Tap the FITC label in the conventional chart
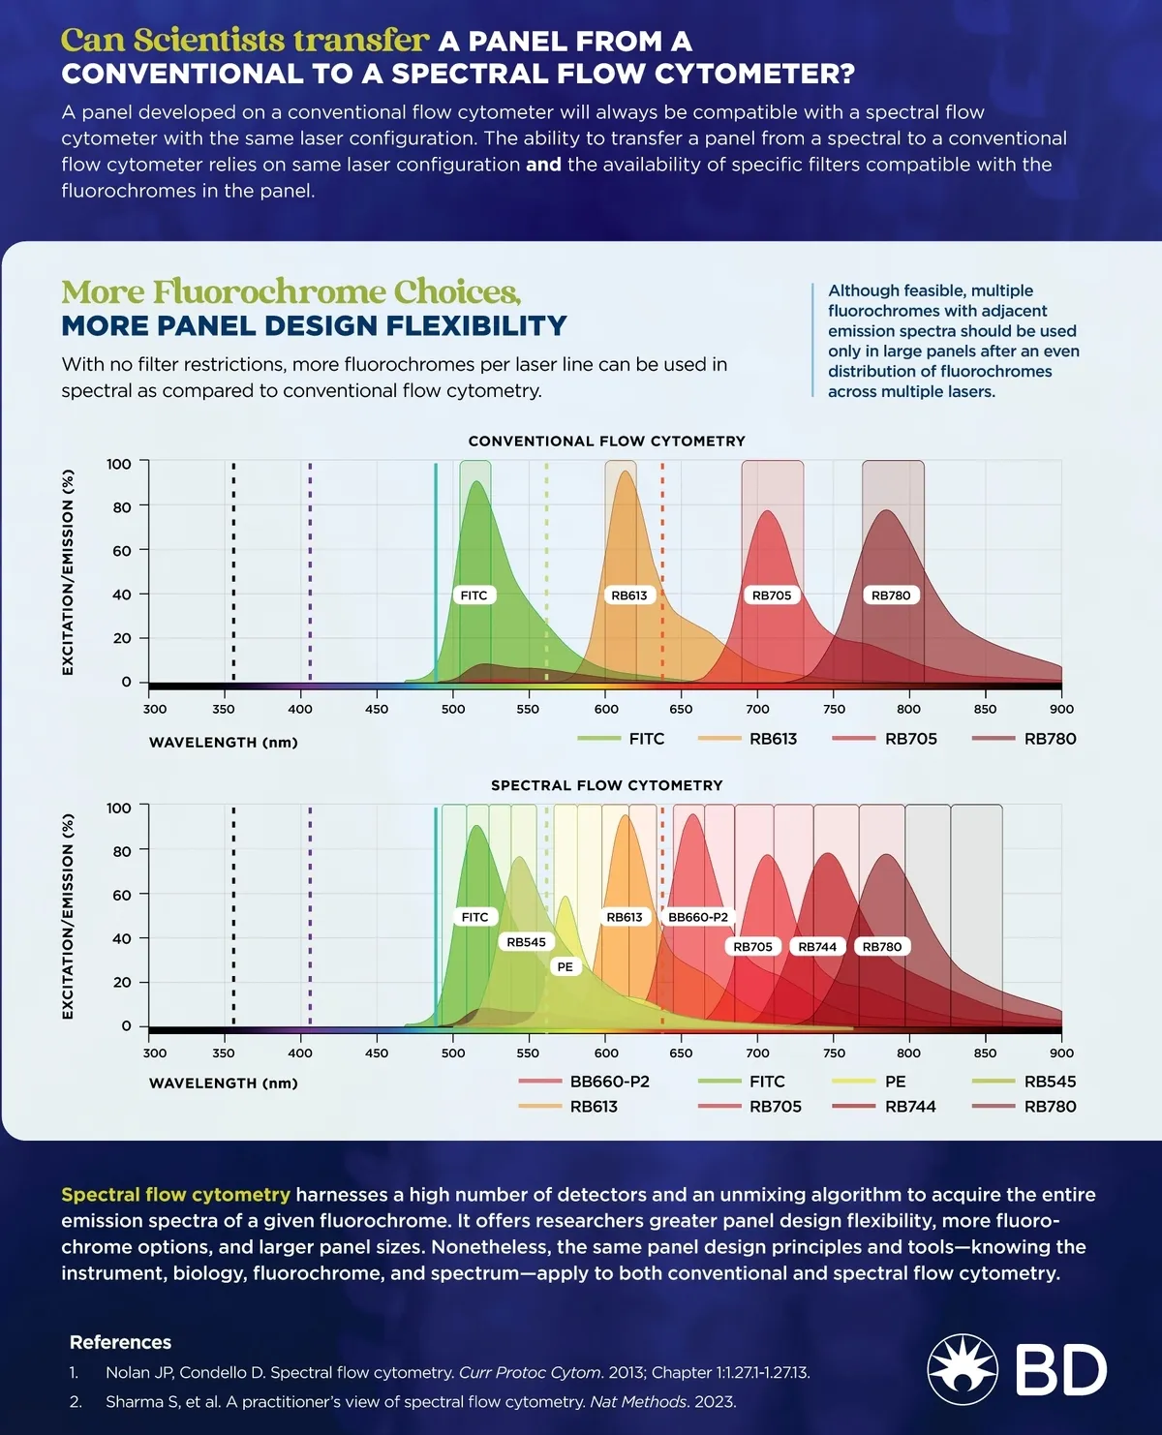tap(474, 595)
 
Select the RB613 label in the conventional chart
tap(629, 595)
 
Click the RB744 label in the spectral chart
tap(818, 947)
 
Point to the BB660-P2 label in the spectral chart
tap(698, 917)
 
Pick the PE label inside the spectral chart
tap(566, 966)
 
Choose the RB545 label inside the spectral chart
tap(527, 942)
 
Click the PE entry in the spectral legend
tap(895, 1082)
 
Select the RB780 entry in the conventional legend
tap(1050, 739)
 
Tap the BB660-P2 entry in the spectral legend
tap(609, 1082)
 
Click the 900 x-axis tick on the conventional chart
tap(1061, 709)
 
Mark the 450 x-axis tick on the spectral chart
tap(377, 1053)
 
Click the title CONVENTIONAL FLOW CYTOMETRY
tap(607, 442)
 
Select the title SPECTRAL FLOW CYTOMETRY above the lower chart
tap(607, 785)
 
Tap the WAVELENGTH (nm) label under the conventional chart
tap(224, 743)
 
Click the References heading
tap(120, 1342)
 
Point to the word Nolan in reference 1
tap(128, 1373)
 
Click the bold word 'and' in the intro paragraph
tap(543, 165)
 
